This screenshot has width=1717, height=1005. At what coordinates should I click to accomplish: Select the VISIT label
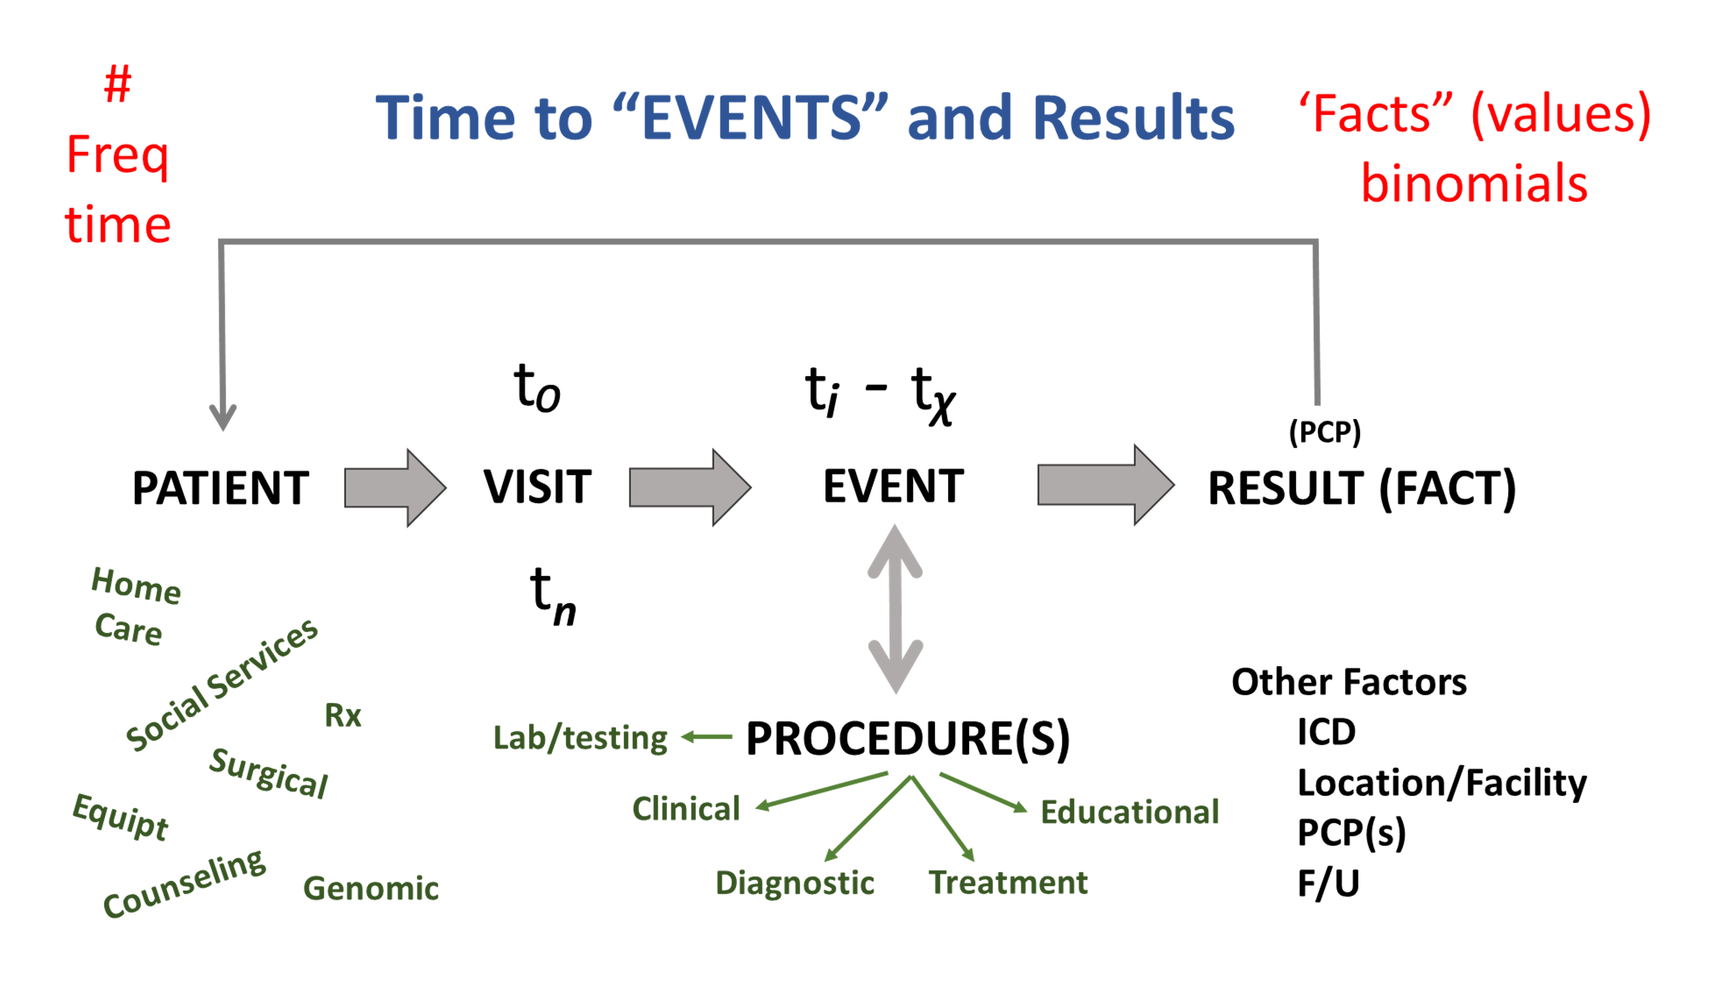tap(538, 487)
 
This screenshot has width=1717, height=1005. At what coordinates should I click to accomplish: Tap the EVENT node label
tap(893, 487)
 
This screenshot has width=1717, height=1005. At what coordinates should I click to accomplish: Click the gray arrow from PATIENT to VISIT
tap(395, 488)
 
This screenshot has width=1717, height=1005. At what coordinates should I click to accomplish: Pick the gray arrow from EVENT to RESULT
tap(1106, 485)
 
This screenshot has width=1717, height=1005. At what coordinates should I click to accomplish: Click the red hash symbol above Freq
tap(117, 84)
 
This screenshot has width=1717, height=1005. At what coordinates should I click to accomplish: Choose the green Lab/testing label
tap(580, 738)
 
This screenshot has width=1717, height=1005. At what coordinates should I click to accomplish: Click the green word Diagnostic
tap(795, 884)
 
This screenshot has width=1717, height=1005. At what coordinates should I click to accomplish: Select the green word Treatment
tap(1008, 882)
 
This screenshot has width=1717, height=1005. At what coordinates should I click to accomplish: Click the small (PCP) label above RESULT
tap(1325, 432)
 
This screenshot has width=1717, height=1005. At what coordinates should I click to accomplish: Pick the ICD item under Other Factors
tap(1326, 732)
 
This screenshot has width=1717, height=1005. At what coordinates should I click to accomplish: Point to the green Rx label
tap(343, 716)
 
